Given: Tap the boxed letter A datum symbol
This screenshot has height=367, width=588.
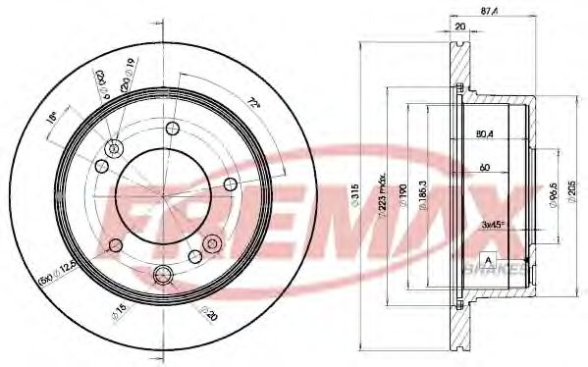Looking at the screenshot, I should (486, 258).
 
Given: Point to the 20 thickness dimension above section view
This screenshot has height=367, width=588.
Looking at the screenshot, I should (459, 27).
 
